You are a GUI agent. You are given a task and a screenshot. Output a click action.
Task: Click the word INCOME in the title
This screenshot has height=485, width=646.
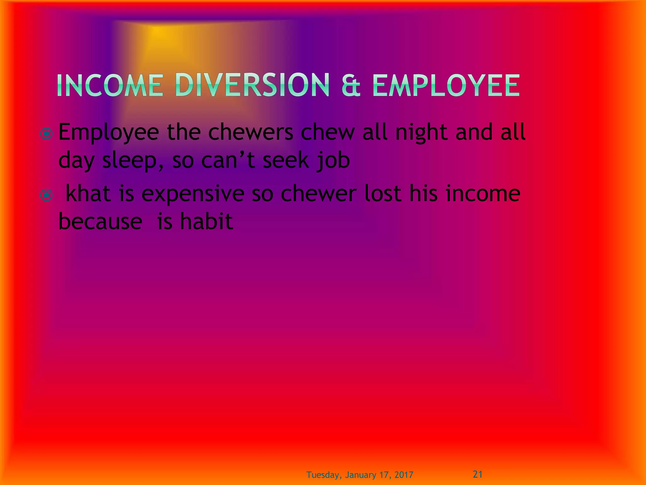[110, 86]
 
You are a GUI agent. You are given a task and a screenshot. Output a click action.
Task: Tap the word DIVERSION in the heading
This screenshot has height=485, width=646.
[252, 85]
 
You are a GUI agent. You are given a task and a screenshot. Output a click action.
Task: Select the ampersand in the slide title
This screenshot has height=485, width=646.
[351, 86]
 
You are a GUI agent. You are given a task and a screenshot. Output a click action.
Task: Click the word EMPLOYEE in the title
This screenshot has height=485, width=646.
[445, 86]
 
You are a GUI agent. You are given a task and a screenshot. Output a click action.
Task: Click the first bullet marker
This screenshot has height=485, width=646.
[47, 134]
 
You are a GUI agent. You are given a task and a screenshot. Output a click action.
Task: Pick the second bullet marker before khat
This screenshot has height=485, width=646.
[47, 195]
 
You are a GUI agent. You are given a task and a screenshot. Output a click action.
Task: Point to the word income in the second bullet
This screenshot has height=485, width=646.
[483, 194]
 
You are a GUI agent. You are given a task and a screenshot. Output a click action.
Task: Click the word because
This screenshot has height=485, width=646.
[100, 221]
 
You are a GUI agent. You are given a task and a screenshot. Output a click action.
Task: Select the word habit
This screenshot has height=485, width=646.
[206, 221]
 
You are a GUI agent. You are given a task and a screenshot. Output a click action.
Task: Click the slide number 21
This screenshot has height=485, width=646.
[478, 474]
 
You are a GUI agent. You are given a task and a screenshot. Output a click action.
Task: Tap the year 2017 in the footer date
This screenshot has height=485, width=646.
[403, 475]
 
